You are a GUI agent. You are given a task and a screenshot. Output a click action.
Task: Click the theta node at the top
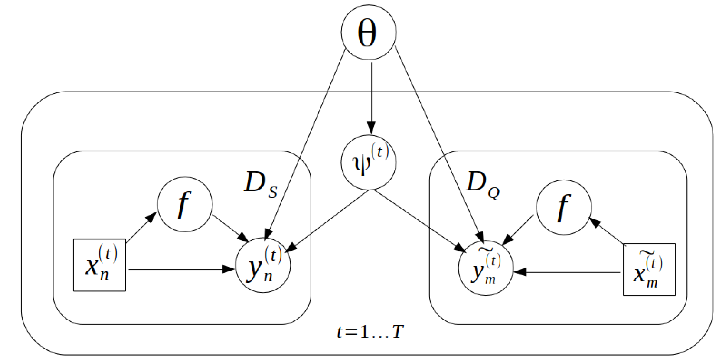[368, 32]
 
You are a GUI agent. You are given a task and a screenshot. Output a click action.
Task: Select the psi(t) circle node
[368, 162]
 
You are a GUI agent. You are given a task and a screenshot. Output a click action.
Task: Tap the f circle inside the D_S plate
[185, 204]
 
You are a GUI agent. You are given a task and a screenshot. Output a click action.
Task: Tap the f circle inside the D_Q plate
[564, 207]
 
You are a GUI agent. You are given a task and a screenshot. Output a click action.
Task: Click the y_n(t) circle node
[263, 265]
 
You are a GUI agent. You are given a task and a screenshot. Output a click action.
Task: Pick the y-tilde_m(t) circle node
[486, 268]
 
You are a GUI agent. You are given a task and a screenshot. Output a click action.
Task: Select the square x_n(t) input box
[99, 265]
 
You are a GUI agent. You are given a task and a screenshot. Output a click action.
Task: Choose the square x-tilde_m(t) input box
[649, 269]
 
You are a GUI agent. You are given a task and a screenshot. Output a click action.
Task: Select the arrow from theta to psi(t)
[371, 97]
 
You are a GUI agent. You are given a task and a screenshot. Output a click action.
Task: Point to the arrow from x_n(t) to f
[141, 227]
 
